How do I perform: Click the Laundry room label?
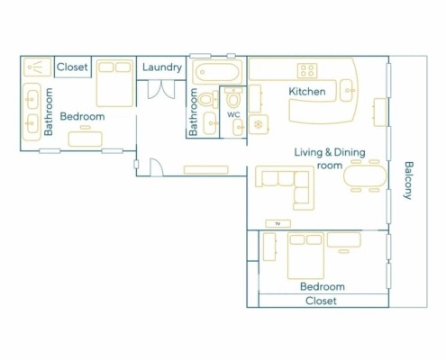coord(162,67)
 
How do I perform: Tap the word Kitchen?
coord(307,92)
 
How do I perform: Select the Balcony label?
coord(408,180)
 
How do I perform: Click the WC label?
coord(233,114)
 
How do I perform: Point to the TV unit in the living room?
coord(278,223)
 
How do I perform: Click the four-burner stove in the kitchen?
coord(307,71)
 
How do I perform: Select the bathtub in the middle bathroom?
coord(217,72)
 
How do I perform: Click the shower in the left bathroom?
coord(37,67)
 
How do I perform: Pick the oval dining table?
coord(365,176)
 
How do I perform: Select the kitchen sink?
coord(348,90)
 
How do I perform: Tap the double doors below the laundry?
coord(161,89)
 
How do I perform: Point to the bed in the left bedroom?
coord(114,84)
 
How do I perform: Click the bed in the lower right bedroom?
coord(305,256)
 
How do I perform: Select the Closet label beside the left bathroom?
coord(72,67)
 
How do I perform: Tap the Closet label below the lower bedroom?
coord(321,301)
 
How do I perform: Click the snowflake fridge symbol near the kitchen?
coord(259,124)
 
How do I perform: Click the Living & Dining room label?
coord(330,158)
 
